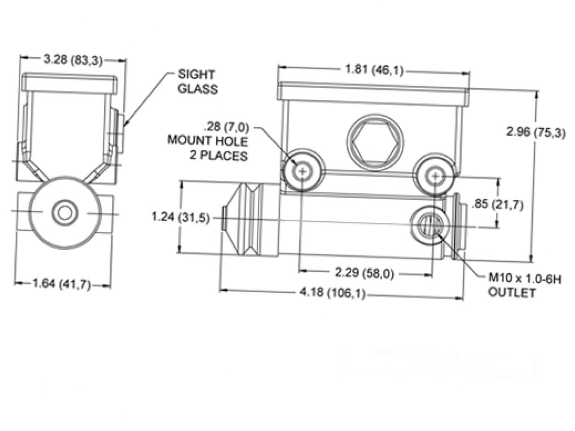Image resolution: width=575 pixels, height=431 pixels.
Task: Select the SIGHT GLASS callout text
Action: coord(197,81)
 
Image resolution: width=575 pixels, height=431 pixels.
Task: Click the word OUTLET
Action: coord(512,293)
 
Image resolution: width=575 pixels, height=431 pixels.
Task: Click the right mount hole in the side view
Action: coord(435,176)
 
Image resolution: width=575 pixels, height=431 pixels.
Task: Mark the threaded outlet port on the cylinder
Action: coord(429,223)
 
